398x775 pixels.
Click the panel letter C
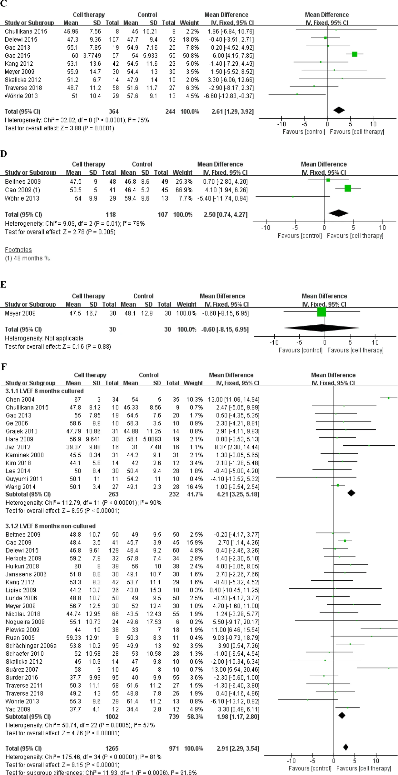[3, 4]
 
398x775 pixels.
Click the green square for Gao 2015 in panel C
[355, 54]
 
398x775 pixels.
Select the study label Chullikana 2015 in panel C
[26, 32]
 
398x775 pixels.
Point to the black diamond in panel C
[339, 110]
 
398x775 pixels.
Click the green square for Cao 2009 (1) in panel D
[348, 188]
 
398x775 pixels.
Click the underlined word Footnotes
[18, 250]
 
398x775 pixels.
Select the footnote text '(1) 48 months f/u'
[28, 258]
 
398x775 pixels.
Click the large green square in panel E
[321, 312]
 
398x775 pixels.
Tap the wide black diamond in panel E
[321, 328]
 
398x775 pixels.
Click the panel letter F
[4, 367]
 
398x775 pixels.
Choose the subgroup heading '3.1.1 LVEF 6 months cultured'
[45, 391]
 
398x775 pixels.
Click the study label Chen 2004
[20, 399]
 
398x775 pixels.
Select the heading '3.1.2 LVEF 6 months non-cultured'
[51, 526]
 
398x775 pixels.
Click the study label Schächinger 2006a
[31, 646]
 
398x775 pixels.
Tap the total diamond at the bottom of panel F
[346, 747]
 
